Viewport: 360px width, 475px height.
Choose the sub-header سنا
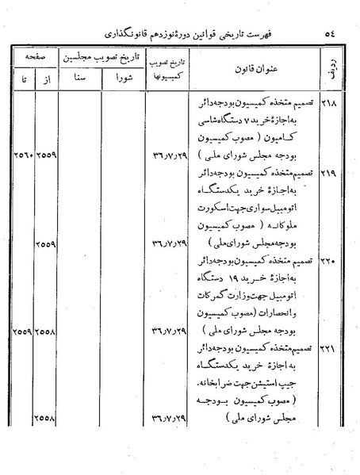(x=82, y=79)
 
